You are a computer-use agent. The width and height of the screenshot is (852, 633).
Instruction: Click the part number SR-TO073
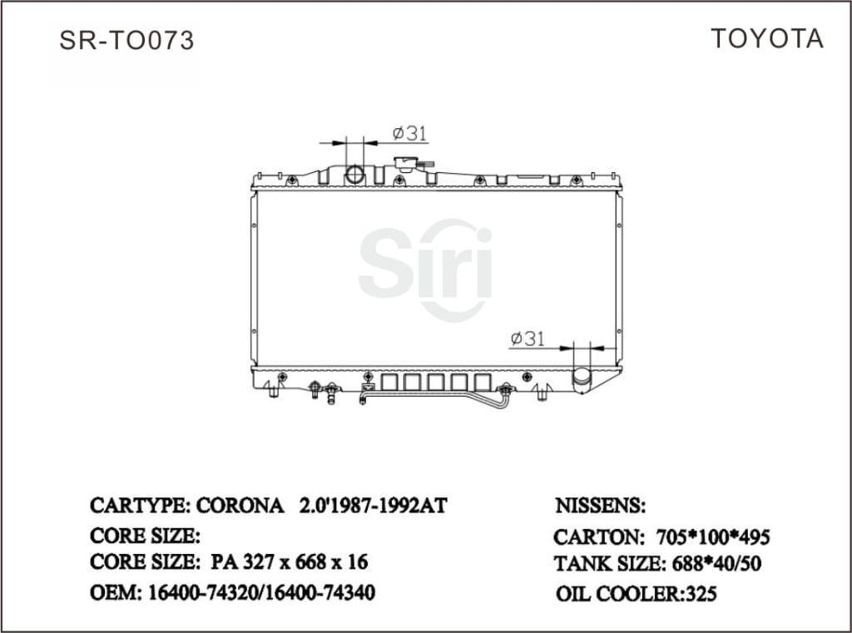coord(126,41)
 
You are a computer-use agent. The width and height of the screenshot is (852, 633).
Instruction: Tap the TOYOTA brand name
coord(766,39)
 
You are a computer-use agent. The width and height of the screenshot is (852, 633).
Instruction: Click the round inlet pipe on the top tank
coord(355,175)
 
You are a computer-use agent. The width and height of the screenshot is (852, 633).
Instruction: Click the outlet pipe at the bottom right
coord(582,378)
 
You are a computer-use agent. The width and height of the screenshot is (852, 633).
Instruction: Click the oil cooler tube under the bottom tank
coord(433,398)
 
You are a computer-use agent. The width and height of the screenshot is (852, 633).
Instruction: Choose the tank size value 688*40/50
coord(714,564)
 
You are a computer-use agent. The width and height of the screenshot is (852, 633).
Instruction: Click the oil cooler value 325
coord(701,594)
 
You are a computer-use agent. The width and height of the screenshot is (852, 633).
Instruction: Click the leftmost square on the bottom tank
coord(389,382)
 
